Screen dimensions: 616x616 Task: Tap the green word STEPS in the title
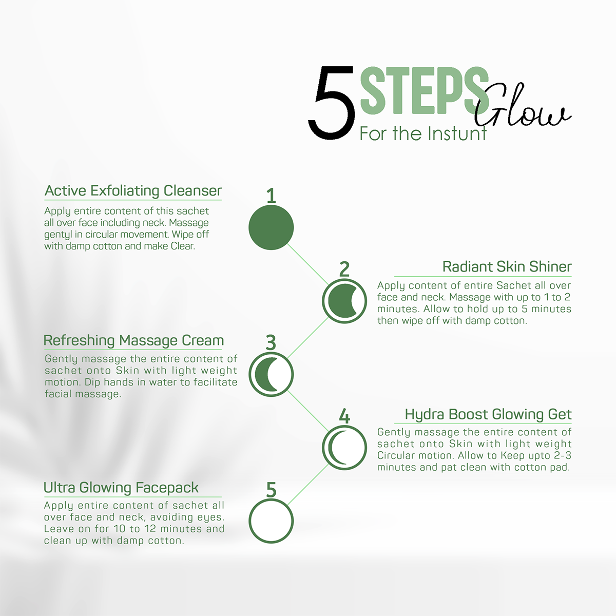(425, 90)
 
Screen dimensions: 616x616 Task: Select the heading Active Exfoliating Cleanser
(133, 190)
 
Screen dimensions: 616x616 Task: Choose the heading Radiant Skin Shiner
(507, 266)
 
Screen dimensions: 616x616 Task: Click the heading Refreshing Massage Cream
(133, 340)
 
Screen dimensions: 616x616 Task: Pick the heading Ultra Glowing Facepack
(121, 488)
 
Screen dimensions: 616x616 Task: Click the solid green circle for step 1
(271, 227)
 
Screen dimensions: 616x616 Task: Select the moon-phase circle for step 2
(344, 301)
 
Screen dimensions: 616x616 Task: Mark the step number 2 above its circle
(344, 269)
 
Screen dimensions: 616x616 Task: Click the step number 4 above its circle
(344, 416)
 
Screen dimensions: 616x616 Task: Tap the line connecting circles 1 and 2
(307, 264)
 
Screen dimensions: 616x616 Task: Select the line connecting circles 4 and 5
(307, 485)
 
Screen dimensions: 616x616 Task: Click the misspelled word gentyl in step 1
(58, 235)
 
